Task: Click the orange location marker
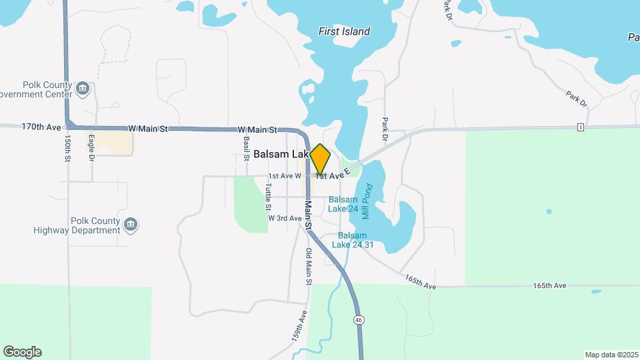point(321,159)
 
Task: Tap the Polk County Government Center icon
point(83,89)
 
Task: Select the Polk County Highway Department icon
point(131,224)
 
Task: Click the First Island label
point(344,31)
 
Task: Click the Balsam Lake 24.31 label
point(355,240)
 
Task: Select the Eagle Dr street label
point(92,148)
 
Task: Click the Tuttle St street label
point(268,197)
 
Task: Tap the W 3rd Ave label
point(285,218)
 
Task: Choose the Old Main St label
point(309,267)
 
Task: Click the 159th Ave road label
point(299,326)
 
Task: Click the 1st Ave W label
point(285,176)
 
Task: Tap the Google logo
point(22,352)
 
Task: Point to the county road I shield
point(581,127)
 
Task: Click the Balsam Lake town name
point(280,154)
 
